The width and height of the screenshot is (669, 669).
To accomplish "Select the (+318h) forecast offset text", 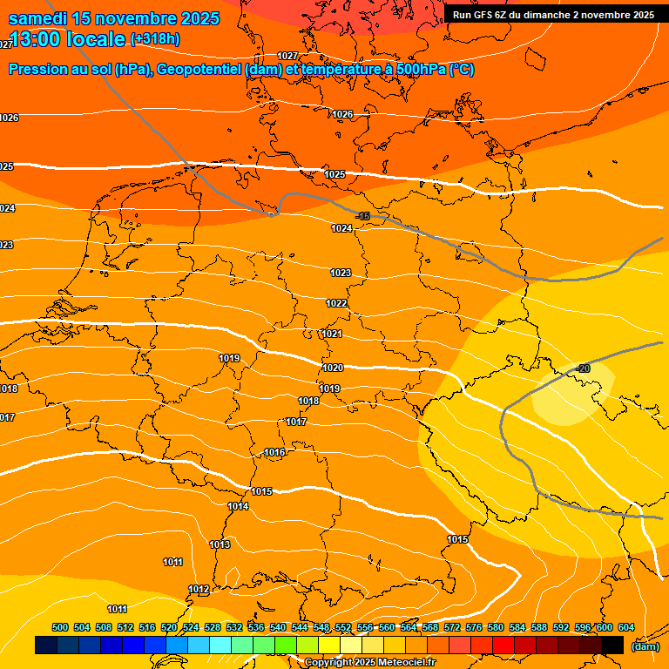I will click(155, 39).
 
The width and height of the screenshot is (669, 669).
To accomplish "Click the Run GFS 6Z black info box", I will click(553, 15).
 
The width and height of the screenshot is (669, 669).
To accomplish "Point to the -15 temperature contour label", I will click(363, 216).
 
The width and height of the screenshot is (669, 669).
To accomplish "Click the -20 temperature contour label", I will click(584, 368).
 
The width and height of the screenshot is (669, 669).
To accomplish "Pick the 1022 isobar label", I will click(336, 303).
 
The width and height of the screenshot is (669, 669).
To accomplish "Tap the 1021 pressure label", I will click(332, 334).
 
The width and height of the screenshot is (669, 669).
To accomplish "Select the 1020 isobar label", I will click(332, 368).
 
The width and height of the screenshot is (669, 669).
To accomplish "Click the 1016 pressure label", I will click(275, 452).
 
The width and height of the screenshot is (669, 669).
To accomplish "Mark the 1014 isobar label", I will click(238, 506).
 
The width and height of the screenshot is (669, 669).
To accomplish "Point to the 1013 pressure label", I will click(220, 544).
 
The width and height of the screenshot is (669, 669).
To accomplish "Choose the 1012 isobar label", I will click(199, 590).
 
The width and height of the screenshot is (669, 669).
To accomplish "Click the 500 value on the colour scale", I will click(60, 627).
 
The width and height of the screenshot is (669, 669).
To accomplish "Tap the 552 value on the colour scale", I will click(343, 627).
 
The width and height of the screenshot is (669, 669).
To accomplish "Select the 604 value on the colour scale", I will click(626, 627).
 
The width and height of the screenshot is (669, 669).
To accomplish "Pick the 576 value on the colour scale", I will click(474, 627).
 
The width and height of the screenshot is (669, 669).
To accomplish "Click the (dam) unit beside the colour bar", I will click(645, 645).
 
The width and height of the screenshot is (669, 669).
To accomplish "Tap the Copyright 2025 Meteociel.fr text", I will click(369, 663).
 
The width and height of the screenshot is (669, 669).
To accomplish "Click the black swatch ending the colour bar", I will click(612, 645).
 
